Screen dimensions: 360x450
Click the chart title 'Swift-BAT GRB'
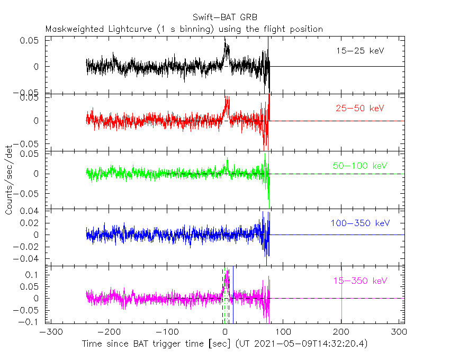tap(226, 17)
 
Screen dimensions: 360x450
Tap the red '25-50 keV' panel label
tap(359, 109)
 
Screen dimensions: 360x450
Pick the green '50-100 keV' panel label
tap(360, 166)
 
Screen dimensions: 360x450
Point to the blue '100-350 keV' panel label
tap(359, 223)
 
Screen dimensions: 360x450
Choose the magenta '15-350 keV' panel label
tap(359, 281)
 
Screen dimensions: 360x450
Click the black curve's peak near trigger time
tap(226, 44)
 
